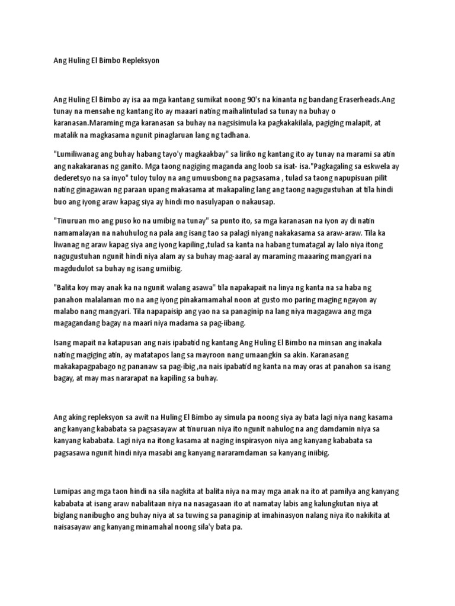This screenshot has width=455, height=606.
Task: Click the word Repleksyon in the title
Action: click(x=137, y=61)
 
